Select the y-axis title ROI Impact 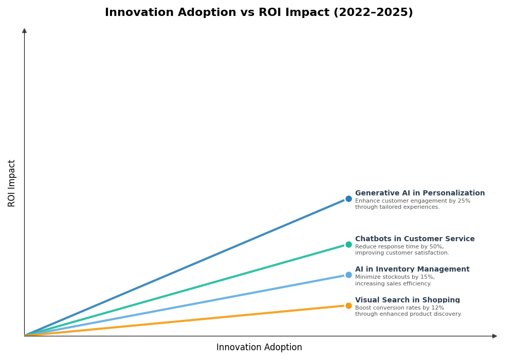pos(12,183)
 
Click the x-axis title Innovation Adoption pos(259,348)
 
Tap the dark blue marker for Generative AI pos(348,199)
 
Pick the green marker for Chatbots pos(348,245)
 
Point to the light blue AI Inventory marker pos(348,275)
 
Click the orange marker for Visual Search pos(348,306)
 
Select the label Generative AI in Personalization pos(419,193)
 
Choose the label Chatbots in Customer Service pos(414,239)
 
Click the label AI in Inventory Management pos(412,269)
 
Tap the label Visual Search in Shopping pos(407,300)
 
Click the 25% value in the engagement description pos(464,201)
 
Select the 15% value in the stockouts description pos(427,277)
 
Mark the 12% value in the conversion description pos(437,308)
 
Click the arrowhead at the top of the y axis pos(24,31)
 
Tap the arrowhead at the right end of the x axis pos(494,336)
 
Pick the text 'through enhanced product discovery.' pos(408,314)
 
